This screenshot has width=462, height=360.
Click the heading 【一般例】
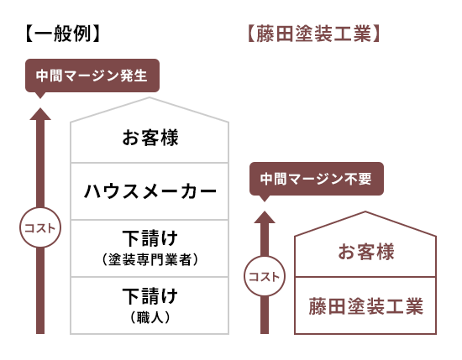coord(63,34)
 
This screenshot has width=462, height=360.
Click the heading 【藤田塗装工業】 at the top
coord(314,34)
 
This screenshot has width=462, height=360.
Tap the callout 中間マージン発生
coord(92,76)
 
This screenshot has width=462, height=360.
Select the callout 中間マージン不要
coord(317,179)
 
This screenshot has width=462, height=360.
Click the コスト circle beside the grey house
coord(40,227)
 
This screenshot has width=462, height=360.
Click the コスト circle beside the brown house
coord(265,276)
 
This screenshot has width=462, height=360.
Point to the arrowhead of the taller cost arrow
coord(40,113)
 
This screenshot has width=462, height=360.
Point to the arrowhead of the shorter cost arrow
coord(265,217)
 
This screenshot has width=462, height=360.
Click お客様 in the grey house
coord(150,138)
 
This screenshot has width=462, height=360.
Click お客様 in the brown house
coord(365,252)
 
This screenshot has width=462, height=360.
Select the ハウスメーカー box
coord(150,191)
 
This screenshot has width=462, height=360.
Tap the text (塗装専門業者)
coord(150,259)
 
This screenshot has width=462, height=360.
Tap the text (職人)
coord(150,317)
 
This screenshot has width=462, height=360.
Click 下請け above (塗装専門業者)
coord(150,237)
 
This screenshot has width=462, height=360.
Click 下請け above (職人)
coord(150,295)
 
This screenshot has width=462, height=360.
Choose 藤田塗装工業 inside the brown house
coord(365,306)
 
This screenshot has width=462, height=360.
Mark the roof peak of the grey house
coord(150,97)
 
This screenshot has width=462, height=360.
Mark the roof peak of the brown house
coord(365,211)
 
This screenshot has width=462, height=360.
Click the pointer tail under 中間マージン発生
coord(40,96)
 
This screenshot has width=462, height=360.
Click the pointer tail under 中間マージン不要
coord(265,198)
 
